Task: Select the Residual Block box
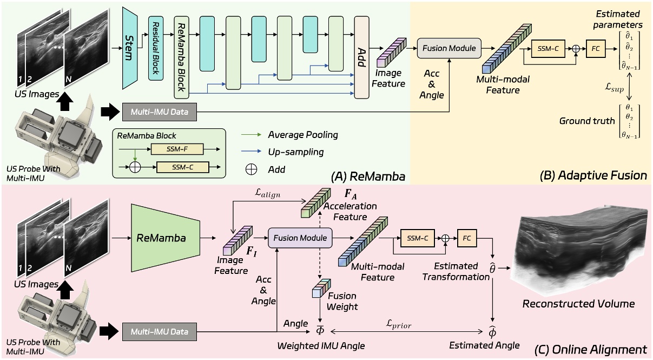pos(156,48)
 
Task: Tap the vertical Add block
pos(361,57)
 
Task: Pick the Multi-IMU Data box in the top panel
pos(159,113)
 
